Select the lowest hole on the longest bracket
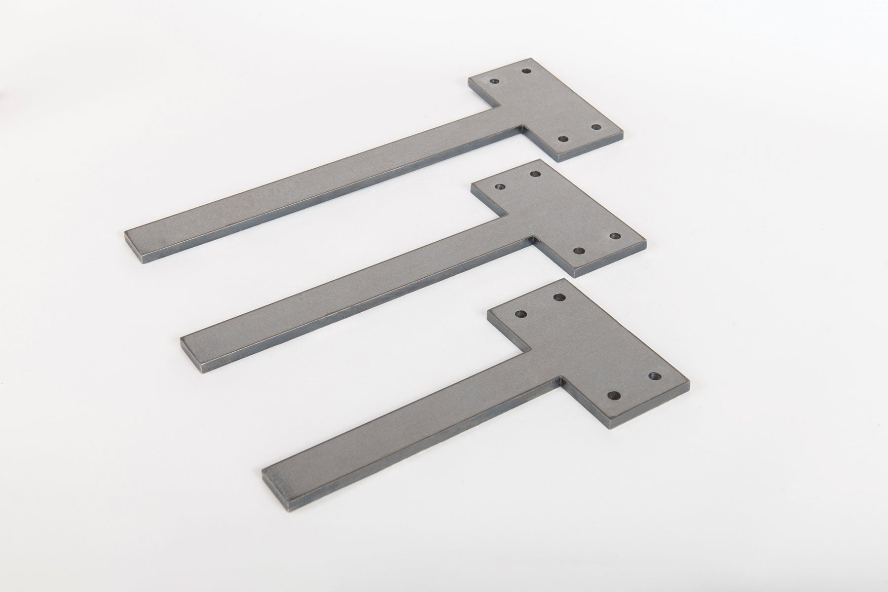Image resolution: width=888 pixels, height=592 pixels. pos(563,138)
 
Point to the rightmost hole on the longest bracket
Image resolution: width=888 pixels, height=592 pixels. pos(596,127)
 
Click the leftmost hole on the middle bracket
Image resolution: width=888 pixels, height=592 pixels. pos(500,187)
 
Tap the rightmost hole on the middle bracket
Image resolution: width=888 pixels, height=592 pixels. pos(615,236)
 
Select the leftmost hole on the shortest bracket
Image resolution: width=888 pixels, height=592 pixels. pos(520,313)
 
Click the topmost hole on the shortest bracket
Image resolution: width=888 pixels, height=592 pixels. pos(559,297)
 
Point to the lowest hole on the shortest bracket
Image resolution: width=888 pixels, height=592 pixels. pos(615,395)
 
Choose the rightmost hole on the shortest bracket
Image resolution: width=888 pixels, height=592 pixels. pos(655,376)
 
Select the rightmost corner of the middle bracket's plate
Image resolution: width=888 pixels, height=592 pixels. pos(646,241)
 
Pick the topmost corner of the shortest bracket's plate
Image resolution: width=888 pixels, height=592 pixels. pos(563,280)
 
